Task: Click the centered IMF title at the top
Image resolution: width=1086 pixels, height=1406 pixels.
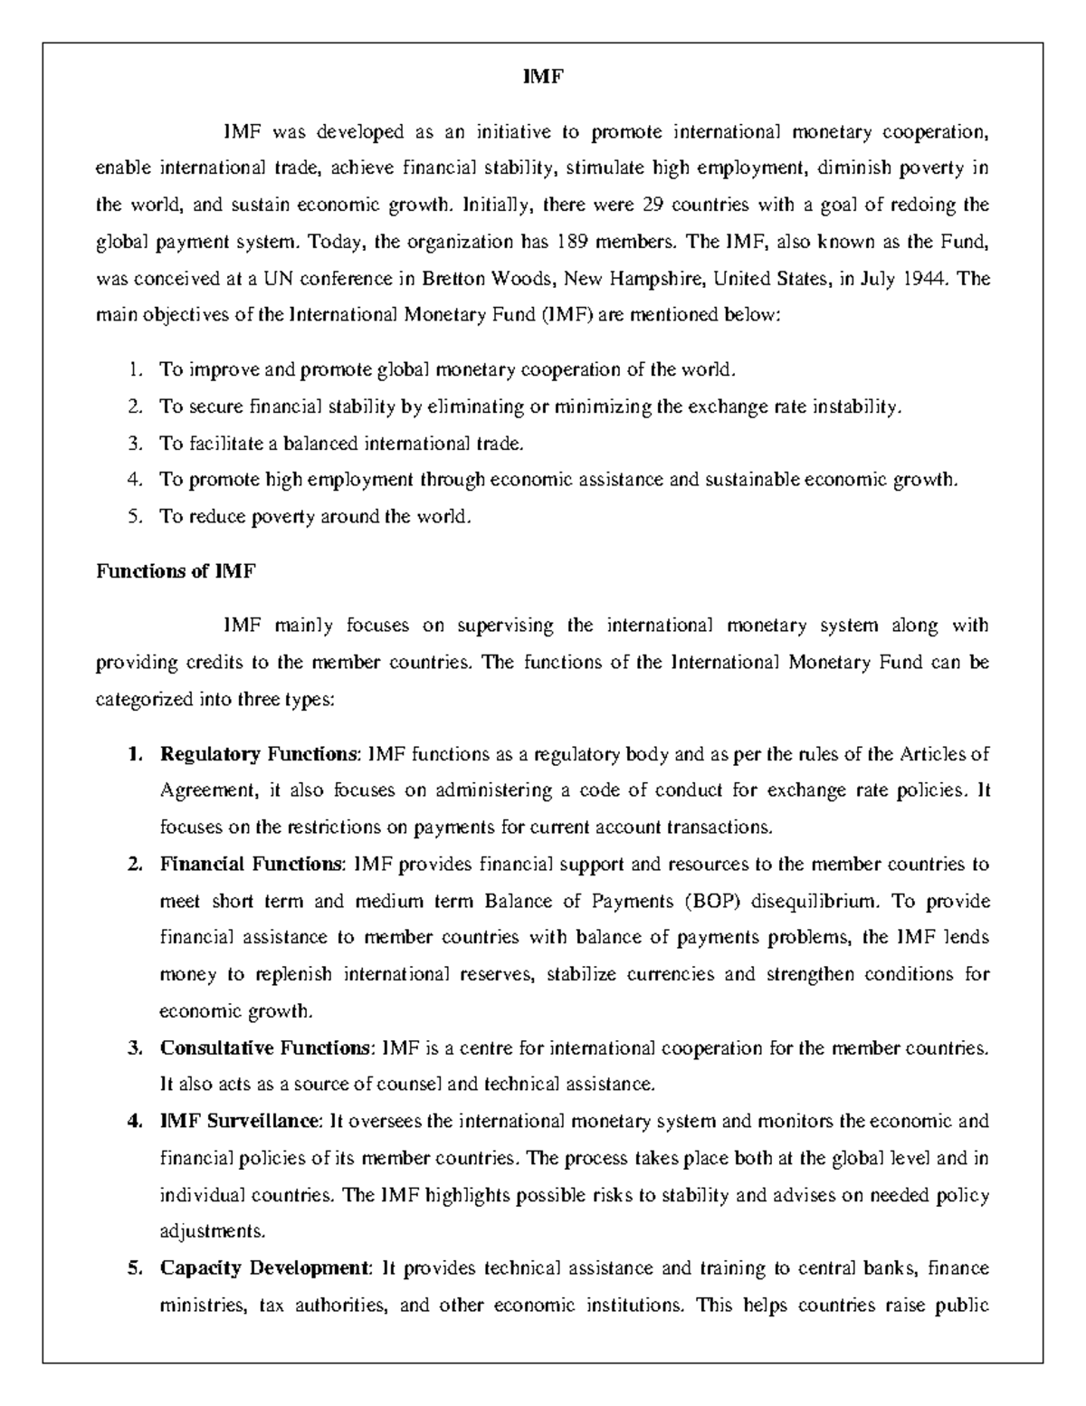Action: pos(543,78)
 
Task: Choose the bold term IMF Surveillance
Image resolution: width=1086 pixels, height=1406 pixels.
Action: pos(240,1122)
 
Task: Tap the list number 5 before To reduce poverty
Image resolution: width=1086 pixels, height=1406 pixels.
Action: pos(134,517)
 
